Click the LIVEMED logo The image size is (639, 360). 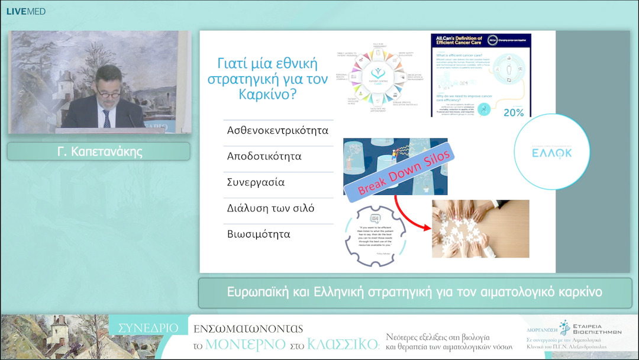(x=25, y=11)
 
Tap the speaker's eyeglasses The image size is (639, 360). (x=108, y=94)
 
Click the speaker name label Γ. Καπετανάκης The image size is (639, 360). (x=98, y=152)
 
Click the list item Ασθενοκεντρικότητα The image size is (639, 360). (x=277, y=130)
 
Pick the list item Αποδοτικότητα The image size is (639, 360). (x=264, y=157)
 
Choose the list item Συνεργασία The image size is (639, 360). (x=256, y=183)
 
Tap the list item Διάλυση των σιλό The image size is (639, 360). (x=270, y=208)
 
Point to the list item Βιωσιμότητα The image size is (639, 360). (x=259, y=234)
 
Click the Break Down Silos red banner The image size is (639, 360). (x=406, y=172)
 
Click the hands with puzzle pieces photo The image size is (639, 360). (x=480, y=229)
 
